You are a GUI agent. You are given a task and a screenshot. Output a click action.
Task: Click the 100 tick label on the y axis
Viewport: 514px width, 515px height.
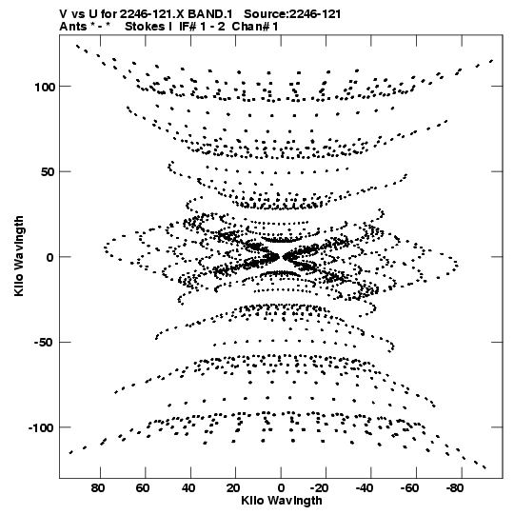45,88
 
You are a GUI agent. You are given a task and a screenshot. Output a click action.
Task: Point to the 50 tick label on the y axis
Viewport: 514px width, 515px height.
47,172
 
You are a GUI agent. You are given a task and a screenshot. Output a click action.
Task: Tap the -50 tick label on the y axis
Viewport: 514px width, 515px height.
44,343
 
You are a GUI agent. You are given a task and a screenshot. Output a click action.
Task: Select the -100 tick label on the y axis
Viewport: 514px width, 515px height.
41,428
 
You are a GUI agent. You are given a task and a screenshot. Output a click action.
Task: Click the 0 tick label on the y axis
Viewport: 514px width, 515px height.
50,258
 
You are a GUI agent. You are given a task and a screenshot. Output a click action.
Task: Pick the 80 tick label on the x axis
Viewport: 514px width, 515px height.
98,488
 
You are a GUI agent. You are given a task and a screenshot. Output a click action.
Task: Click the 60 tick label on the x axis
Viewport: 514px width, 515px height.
143,488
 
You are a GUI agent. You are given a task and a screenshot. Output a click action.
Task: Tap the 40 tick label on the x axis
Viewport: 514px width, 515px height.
188,488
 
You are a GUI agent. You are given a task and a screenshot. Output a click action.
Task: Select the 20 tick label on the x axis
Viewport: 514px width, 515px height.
233,488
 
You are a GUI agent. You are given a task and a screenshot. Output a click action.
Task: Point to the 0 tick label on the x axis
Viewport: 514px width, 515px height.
281,488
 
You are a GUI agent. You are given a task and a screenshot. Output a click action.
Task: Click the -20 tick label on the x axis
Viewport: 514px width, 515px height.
320,488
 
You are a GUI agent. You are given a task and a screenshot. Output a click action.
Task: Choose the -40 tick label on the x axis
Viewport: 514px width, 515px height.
365,488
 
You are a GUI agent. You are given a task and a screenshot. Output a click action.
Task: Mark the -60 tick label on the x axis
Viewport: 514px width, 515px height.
410,488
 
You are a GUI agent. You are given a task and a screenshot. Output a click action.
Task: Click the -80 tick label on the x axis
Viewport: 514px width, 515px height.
455,488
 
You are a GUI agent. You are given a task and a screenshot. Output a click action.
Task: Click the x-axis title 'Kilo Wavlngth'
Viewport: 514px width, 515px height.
282,501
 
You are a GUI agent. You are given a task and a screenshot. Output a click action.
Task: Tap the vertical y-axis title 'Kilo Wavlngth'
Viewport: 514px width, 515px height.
19,256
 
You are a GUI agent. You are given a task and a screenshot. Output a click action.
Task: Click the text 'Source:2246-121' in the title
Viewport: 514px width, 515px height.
292,14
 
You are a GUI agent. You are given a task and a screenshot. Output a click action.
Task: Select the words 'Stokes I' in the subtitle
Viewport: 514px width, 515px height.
148,27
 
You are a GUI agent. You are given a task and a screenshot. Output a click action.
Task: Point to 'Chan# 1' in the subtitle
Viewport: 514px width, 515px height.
255,27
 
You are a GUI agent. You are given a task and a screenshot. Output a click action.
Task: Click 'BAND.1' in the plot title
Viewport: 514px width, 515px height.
209,14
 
